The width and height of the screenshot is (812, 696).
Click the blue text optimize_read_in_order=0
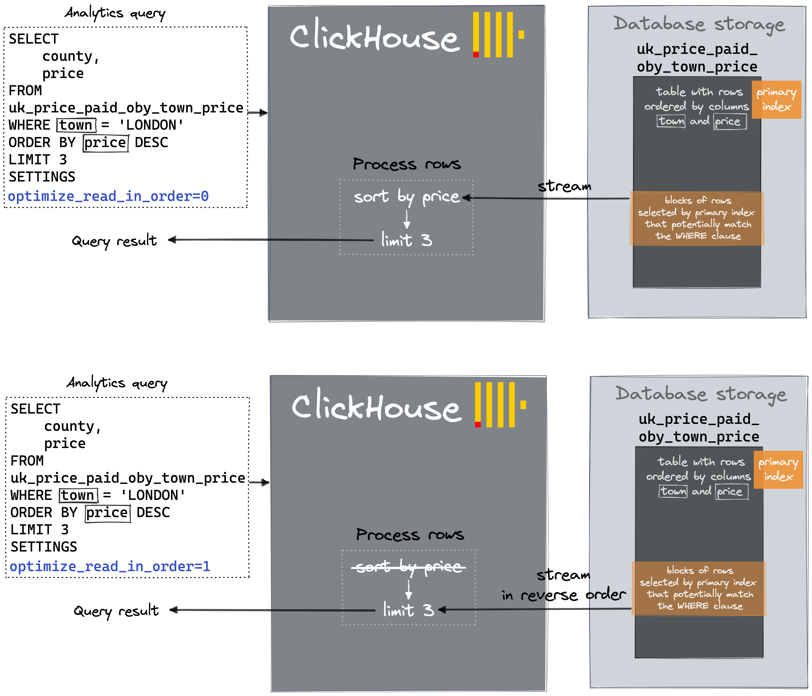click(108, 196)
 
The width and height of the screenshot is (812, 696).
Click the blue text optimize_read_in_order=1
click(110, 566)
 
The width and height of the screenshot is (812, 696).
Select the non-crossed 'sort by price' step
click(406, 196)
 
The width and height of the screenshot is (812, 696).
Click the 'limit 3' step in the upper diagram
click(406, 240)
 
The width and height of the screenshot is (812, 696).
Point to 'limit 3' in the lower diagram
click(408, 610)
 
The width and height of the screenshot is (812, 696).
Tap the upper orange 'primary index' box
click(776, 100)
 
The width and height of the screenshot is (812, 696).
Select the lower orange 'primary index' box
click(778, 470)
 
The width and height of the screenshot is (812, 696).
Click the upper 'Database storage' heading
click(699, 24)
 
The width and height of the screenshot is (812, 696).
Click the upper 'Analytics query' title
click(115, 13)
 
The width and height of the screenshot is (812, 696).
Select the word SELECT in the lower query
click(35, 409)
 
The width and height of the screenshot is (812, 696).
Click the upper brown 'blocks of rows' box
click(697, 218)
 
